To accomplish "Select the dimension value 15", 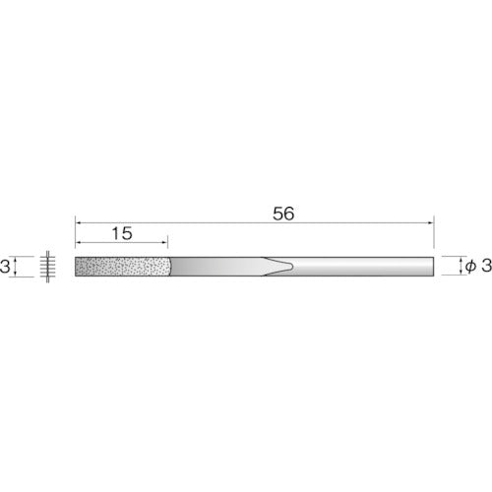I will point(122,235).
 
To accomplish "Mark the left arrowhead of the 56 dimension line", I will point(80,225).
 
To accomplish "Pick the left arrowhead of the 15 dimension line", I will point(80,246).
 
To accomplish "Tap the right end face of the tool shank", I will point(433,268).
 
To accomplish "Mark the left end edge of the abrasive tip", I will point(76,268).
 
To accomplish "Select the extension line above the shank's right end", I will point(434,236).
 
